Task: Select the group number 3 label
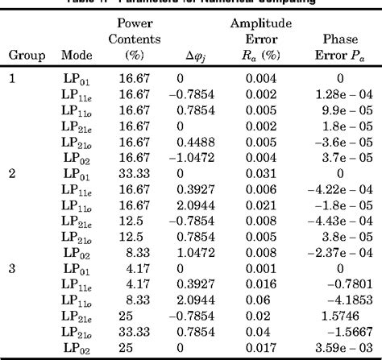pyautogui.click(x=11, y=270)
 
